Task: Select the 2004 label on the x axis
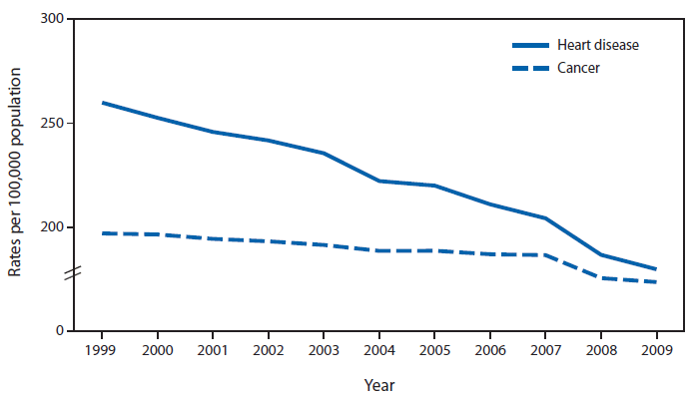click(x=378, y=350)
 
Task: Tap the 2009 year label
click(x=656, y=350)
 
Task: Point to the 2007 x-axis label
click(x=545, y=350)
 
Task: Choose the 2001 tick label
click(x=212, y=350)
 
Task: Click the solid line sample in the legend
click(x=531, y=46)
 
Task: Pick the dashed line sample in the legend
click(x=531, y=68)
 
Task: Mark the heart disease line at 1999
click(x=102, y=103)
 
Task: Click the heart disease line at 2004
click(x=378, y=181)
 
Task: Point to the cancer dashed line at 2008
click(x=601, y=277)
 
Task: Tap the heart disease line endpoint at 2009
click(x=655, y=268)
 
